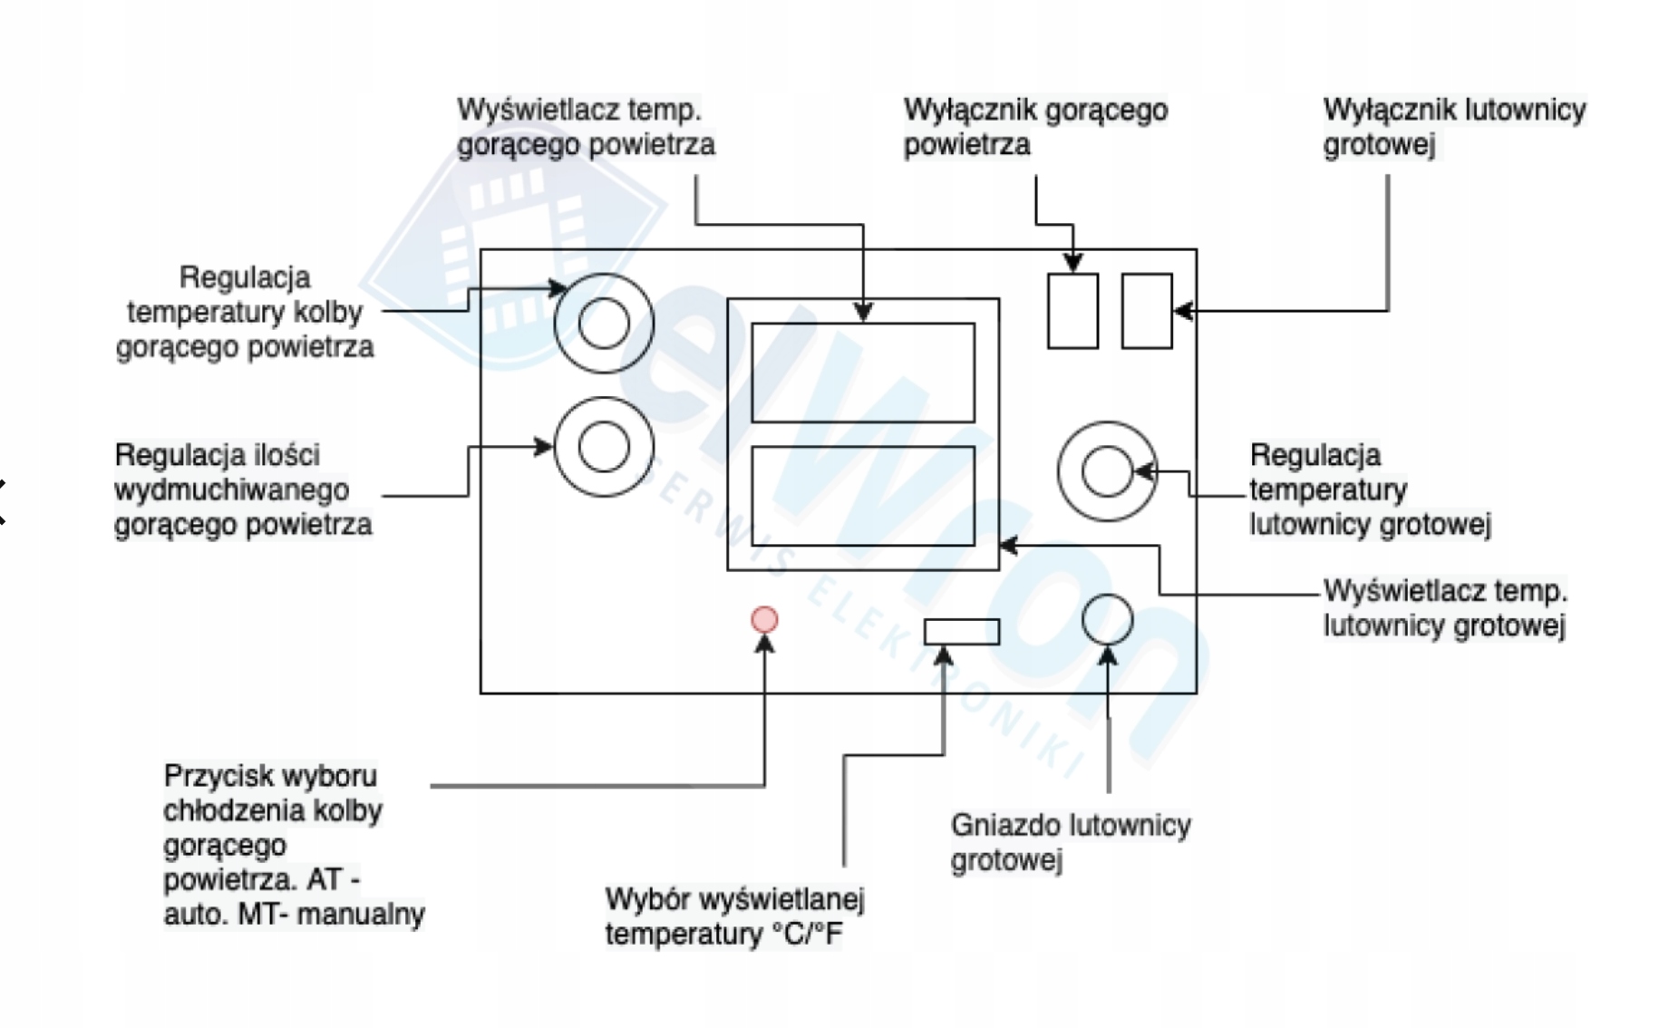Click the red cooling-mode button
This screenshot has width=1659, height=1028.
point(764,619)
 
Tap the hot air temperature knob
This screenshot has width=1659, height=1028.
point(604,323)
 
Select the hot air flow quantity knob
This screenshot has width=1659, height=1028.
point(604,446)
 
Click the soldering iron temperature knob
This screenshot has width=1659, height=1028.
point(1107,471)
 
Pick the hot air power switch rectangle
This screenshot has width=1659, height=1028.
point(1072,311)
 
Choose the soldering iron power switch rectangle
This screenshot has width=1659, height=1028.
point(1147,311)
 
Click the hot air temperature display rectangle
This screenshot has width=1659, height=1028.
point(863,373)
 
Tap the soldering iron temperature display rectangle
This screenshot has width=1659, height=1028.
point(863,496)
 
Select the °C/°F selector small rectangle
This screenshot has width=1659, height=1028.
point(962,631)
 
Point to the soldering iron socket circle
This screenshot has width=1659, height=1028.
point(1108,619)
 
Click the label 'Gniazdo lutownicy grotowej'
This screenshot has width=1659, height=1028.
point(1071,842)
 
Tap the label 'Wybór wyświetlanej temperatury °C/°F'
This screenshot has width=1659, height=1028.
point(735,916)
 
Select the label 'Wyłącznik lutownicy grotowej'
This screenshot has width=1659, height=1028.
point(1455,127)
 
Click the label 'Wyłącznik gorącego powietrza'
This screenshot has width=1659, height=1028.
point(1035,127)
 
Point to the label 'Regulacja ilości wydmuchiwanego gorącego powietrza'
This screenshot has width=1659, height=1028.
point(243,490)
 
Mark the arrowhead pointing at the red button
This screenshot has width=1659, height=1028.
point(764,643)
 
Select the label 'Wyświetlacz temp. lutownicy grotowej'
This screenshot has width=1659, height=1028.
point(1445,608)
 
